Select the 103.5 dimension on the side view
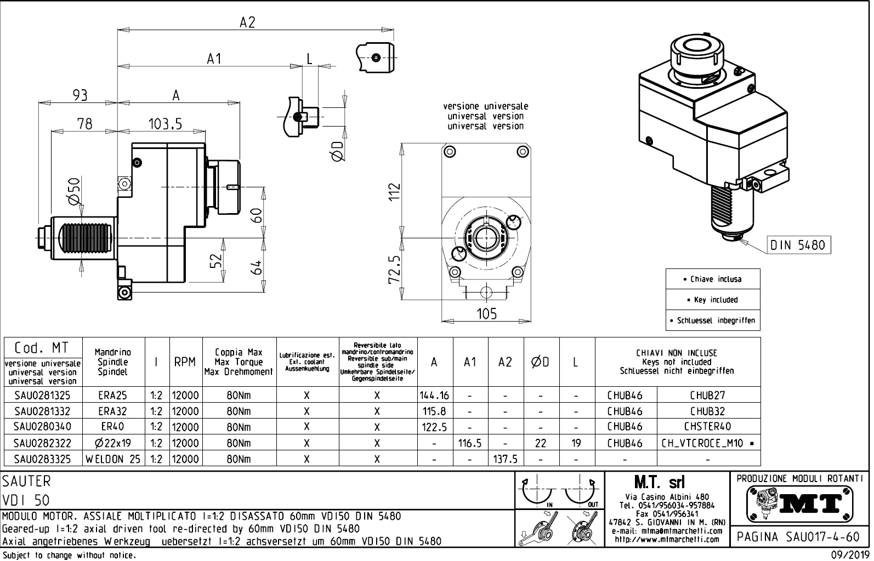tap(165, 124)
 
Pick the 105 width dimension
tap(486, 313)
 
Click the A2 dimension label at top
tap(247, 22)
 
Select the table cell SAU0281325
tap(42, 395)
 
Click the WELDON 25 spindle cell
tap(113, 459)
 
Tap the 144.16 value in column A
tap(434, 395)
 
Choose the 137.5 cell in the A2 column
tap(505, 459)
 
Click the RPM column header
tap(185, 362)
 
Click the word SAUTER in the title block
tap(26, 481)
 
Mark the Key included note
tap(713, 300)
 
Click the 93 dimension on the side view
tap(81, 95)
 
